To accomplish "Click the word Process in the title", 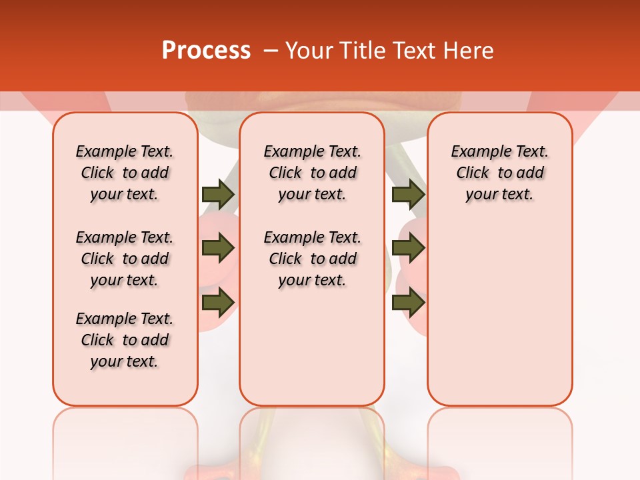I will tap(206, 51).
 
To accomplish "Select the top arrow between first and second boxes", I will tap(218, 195).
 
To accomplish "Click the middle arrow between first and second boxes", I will tap(218, 248).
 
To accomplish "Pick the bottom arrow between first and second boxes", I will tap(218, 302).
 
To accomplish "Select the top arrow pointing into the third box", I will tap(408, 195).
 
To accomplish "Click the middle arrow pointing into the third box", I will tap(408, 248).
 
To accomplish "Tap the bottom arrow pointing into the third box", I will tap(408, 302).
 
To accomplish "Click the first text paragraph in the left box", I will tap(125, 173).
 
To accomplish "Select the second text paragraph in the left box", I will tap(125, 259).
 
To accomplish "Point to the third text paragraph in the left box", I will tap(125, 340).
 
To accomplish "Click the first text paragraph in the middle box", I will tap(312, 173).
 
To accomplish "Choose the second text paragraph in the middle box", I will tap(312, 259).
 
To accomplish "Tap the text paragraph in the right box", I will tap(500, 173).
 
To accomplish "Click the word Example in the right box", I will tap(475, 152).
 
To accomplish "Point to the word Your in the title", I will tap(308, 51).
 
